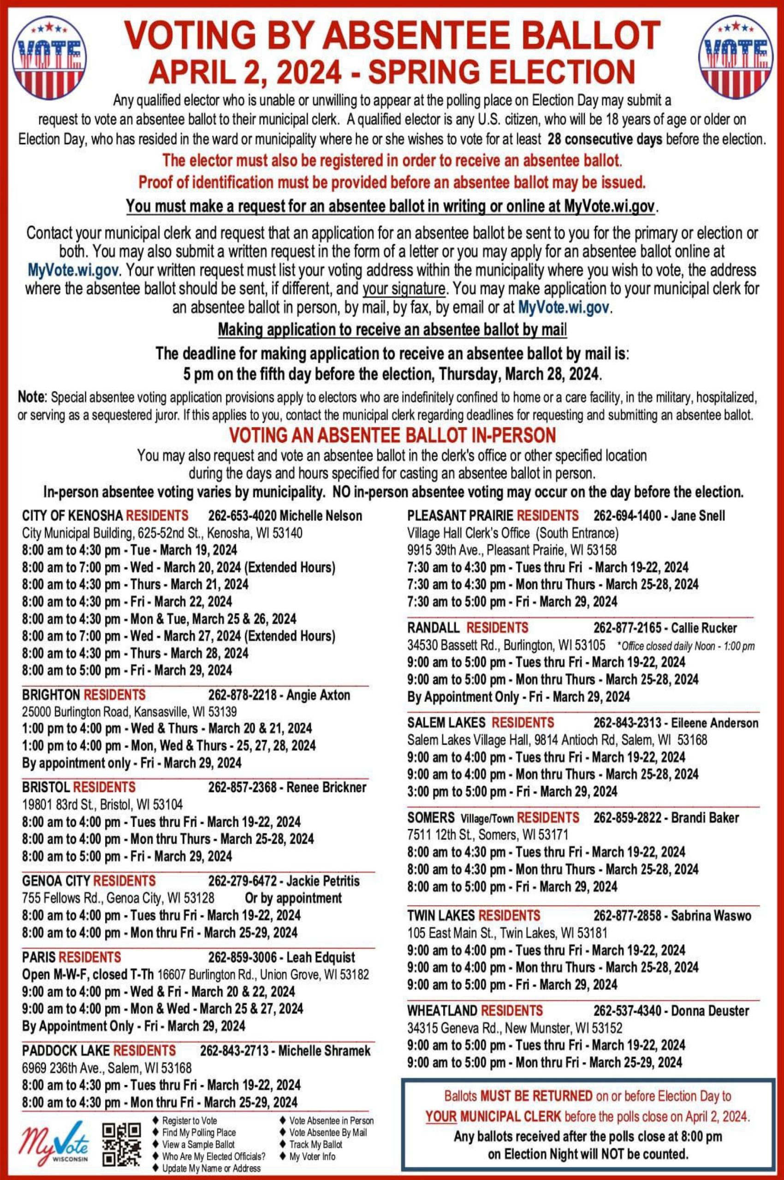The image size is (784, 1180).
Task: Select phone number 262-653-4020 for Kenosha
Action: tap(242, 515)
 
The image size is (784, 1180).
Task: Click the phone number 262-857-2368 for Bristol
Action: tap(242, 787)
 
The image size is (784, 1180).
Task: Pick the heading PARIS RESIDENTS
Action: tap(71, 957)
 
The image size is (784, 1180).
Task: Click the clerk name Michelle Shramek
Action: tap(325, 1050)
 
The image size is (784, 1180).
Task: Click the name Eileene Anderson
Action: tap(714, 723)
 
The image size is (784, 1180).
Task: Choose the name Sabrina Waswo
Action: tap(711, 915)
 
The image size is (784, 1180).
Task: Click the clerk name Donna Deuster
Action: tap(710, 1010)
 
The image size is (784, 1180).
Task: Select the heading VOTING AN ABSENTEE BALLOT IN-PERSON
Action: tap(392, 435)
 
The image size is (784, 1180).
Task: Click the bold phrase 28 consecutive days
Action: tap(605, 139)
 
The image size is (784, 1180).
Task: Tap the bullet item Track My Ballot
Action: tap(315, 1144)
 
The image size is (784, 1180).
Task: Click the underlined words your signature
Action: tap(404, 289)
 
